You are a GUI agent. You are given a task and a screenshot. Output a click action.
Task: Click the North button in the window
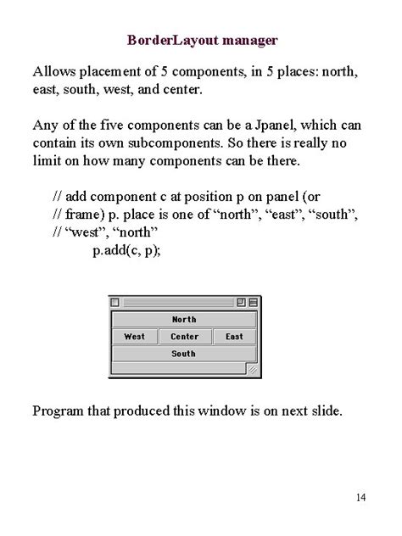183,320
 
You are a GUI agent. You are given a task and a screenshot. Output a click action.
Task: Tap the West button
134,337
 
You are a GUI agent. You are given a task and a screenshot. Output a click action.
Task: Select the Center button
184,337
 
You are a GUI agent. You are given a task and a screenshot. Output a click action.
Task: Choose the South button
183,354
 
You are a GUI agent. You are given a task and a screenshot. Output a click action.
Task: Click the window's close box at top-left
116,302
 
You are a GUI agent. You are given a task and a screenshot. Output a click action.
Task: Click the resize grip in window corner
251,370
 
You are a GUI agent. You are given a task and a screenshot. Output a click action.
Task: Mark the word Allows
53,70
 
